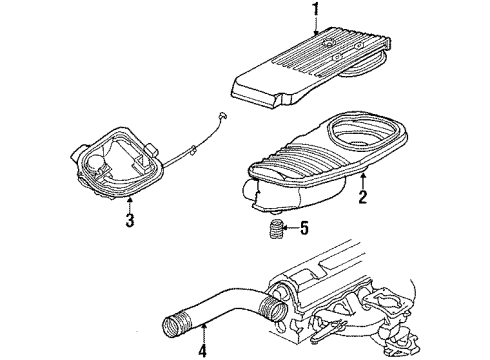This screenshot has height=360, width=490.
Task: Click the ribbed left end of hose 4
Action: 171,323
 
